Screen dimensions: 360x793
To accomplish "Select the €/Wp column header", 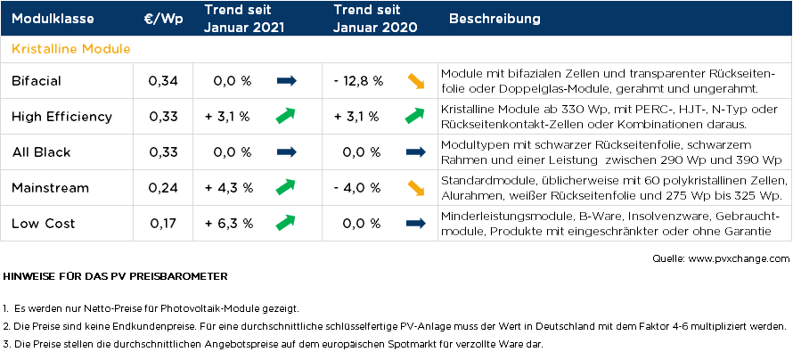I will tap(163, 20).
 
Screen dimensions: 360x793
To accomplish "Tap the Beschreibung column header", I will tap(495, 20).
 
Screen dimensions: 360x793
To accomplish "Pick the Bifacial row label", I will tap(37, 81).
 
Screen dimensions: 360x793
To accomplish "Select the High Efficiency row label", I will tap(61, 116).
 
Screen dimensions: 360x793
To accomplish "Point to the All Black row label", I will tap(41, 152).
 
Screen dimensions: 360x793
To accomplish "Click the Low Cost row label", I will tap(44, 223).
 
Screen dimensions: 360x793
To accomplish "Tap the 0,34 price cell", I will tap(163, 81).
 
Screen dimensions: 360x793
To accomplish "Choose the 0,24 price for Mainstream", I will tap(163, 187).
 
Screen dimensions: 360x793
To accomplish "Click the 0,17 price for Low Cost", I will tap(163, 223).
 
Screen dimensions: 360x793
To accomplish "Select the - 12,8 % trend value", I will tap(358, 81).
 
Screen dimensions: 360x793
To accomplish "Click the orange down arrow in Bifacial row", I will tap(414, 81).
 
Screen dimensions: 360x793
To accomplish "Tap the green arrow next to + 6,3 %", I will tap(286, 222).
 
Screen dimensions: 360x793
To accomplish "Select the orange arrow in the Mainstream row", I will tap(414, 187).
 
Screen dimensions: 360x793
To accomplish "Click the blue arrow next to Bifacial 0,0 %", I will tap(286, 81).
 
